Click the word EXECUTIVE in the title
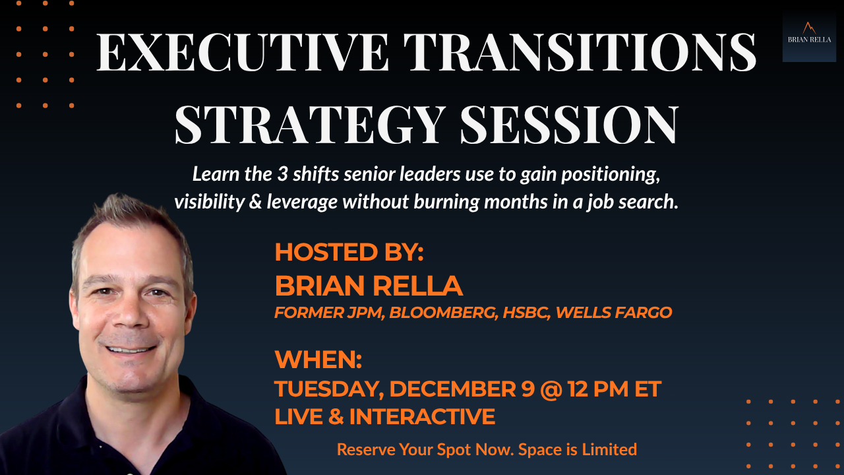pos(242,52)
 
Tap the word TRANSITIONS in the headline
pos(580,52)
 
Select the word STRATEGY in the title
pos(310,125)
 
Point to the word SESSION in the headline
pos(569,125)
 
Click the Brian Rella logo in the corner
pos(809,36)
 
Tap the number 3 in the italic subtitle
pos(283,174)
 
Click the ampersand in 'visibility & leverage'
pos(255,202)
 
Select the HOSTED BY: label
pos(349,252)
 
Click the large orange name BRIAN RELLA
pos(369,286)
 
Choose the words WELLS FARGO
pos(614,313)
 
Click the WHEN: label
pos(318,360)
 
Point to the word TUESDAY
pos(330,389)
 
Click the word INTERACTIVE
pos(422,416)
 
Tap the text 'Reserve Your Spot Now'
pos(425,450)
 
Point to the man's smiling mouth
pos(131,349)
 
